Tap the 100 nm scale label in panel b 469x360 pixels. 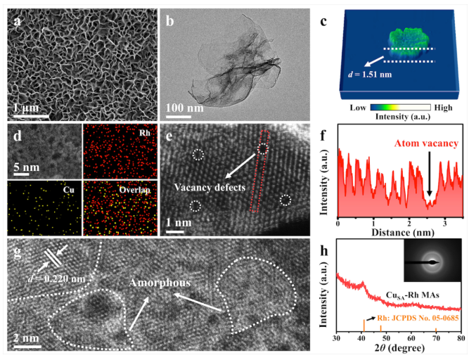pyautogui.click(x=186, y=108)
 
